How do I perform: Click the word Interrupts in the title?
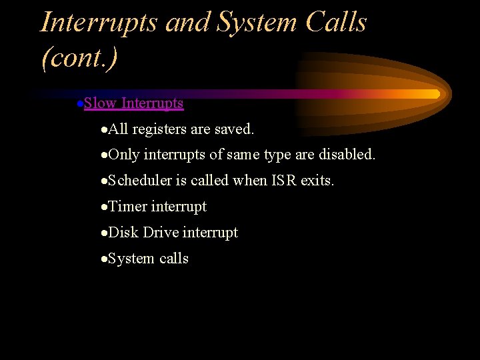[99, 22]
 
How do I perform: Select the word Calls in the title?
[336, 22]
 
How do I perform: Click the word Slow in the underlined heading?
[101, 103]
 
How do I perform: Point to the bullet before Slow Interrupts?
[79, 104]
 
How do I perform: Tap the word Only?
[124, 155]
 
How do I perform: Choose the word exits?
[318, 181]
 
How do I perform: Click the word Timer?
[127, 207]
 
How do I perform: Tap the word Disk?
[123, 233]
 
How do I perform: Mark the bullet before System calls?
[103, 259]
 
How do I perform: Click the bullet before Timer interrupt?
[103, 207]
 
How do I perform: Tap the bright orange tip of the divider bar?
[435, 94]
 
